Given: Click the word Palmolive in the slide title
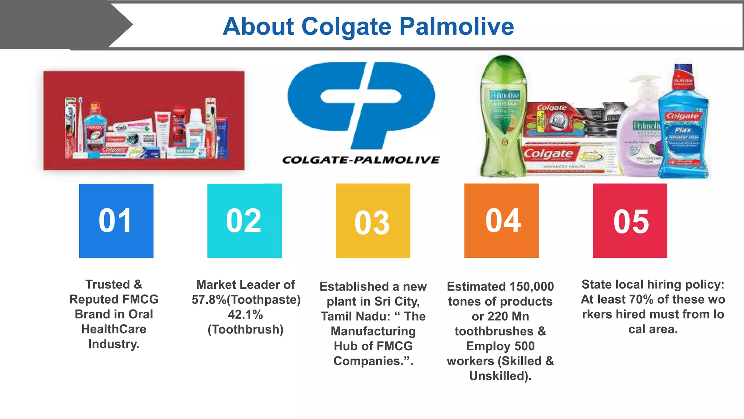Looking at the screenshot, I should point(457,27).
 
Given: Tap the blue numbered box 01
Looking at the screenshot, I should point(116,221).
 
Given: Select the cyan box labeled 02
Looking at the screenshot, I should point(244,221).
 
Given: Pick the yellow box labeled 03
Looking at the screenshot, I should point(373,221).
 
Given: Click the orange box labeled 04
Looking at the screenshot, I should point(501,221).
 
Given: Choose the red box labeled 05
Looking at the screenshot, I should point(630,221).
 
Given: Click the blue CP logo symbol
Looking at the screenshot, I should point(361,104).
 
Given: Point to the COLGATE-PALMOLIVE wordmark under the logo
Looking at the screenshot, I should point(361,160).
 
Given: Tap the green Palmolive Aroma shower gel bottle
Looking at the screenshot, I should point(503,116).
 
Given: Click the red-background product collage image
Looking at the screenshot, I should point(144,120).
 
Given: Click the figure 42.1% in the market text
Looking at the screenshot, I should point(245,315).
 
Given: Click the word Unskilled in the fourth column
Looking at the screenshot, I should point(498,376).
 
